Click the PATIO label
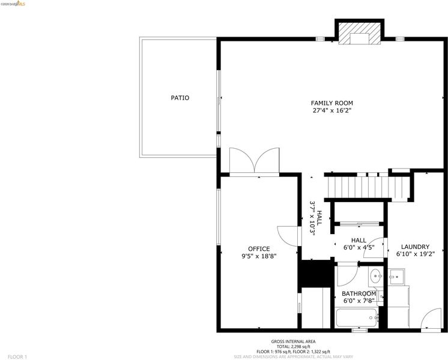tap(180, 98)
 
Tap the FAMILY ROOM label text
tap(331, 103)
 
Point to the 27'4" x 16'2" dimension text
tap(331, 110)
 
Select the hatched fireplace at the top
tap(360, 34)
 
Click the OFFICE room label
tap(259, 249)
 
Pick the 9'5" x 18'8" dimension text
tap(259, 256)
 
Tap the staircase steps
tap(369, 187)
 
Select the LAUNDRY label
tap(415, 247)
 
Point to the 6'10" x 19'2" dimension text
tap(416, 254)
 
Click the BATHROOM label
tap(359, 294)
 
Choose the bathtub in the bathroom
tap(356, 318)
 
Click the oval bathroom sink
tap(376, 276)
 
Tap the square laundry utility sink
tap(396, 277)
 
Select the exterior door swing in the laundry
tap(431, 319)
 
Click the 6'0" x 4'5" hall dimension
tap(359, 248)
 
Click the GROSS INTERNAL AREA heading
tap(294, 341)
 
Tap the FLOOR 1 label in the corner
tap(17, 357)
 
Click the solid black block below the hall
tap(316, 274)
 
